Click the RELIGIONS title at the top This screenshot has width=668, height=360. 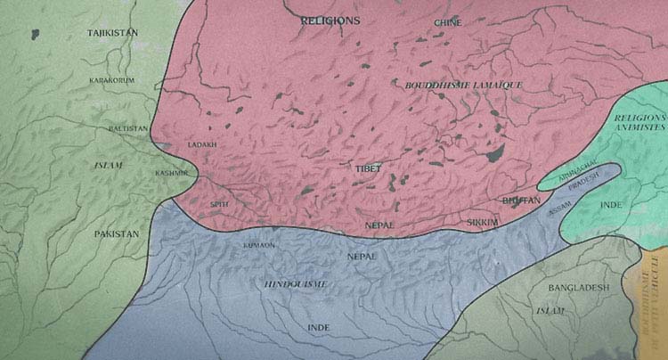click(x=330, y=19)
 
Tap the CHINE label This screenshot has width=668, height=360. click(x=448, y=22)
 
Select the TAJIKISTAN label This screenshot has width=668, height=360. click(x=116, y=33)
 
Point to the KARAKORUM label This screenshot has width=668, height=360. click(x=110, y=81)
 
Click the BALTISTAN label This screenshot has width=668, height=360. click(x=128, y=128)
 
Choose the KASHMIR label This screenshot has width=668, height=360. click(x=171, y=173)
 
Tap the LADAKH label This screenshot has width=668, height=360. click(x=202, y=144)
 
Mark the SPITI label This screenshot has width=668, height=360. click(x=218, y=203)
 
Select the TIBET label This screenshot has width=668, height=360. click(x=369, y=168)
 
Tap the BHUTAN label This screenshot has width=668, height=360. click(x=521, y=201)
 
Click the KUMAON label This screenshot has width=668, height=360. click(x=257, y=243)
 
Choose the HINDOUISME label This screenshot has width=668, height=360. click(x=297, y=283)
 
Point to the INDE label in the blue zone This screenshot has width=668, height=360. click(x=318, y=328)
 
